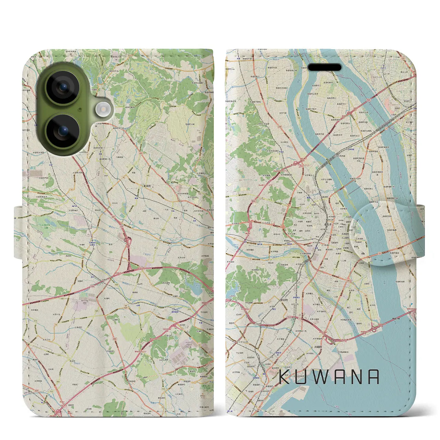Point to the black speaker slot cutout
pos(324,67)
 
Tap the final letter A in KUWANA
pos(373,377)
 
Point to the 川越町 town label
pos(318,347)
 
